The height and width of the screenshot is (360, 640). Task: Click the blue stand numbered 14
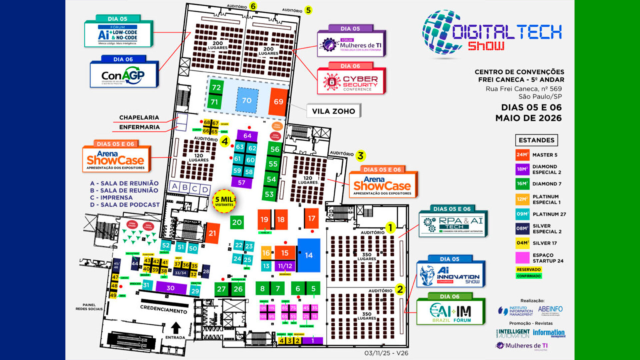[x=309, y=255]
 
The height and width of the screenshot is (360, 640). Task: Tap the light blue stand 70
[x=247, y=100]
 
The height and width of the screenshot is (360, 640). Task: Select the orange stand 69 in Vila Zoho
[x=278, y=102]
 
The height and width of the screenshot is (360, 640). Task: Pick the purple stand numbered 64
[x=247, y=136]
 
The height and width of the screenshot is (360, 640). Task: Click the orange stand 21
[x=212, y=233]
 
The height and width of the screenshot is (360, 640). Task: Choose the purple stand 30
[x=171, y=288]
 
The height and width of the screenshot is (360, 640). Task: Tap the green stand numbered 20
[x=237, y=222]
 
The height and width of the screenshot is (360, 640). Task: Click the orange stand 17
[x=311, y=219]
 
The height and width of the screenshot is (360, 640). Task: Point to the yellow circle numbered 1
[x=390, y=228]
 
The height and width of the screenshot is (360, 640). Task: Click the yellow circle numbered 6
[x=253, y=6]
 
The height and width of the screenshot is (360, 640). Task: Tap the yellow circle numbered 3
[x=360, y=155]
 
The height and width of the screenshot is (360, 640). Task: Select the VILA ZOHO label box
[x=334, y=111]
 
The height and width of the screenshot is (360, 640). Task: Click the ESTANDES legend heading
[x=536, y=140]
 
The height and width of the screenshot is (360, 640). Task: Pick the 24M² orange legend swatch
[x=522, y=155]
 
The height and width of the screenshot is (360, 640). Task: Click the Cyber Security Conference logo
[x=351, y=82]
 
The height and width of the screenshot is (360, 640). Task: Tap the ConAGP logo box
[x=124, y=75]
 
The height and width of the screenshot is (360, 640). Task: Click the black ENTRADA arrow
[x=176, y=327]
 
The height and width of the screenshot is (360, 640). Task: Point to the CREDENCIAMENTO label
[x=164, y=309]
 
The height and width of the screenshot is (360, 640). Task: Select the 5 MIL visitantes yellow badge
[x=224, y=201]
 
